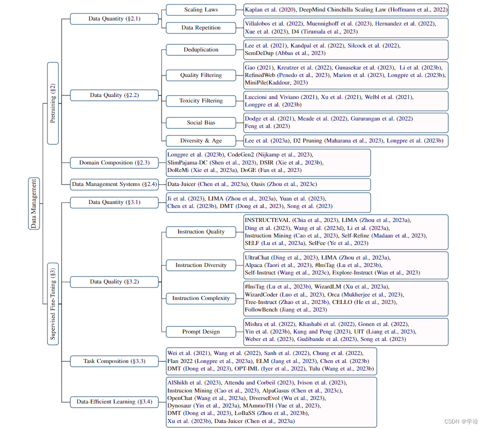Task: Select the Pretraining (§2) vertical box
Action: [53, 103]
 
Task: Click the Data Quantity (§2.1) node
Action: [114, 18]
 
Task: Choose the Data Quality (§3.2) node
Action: [114, 281]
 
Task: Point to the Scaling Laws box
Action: [201, 9]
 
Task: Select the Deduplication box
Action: [201, 49]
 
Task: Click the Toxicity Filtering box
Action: [201, 100]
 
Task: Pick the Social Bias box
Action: [201, 122]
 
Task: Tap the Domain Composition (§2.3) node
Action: [114, 162]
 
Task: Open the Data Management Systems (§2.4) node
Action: [114, 184]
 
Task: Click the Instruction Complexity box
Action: [201, 298]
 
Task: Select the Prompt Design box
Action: [201, 331]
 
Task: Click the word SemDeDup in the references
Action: [259, 53]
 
